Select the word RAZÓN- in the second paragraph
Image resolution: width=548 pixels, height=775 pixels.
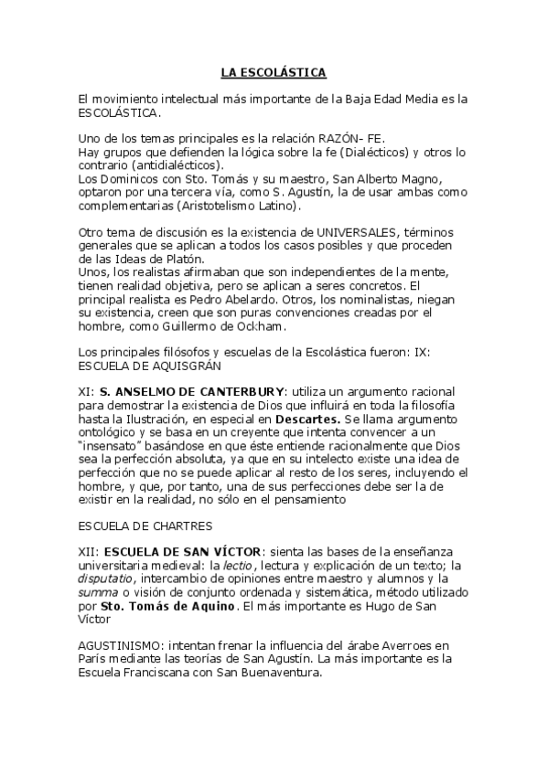coord(368,137)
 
